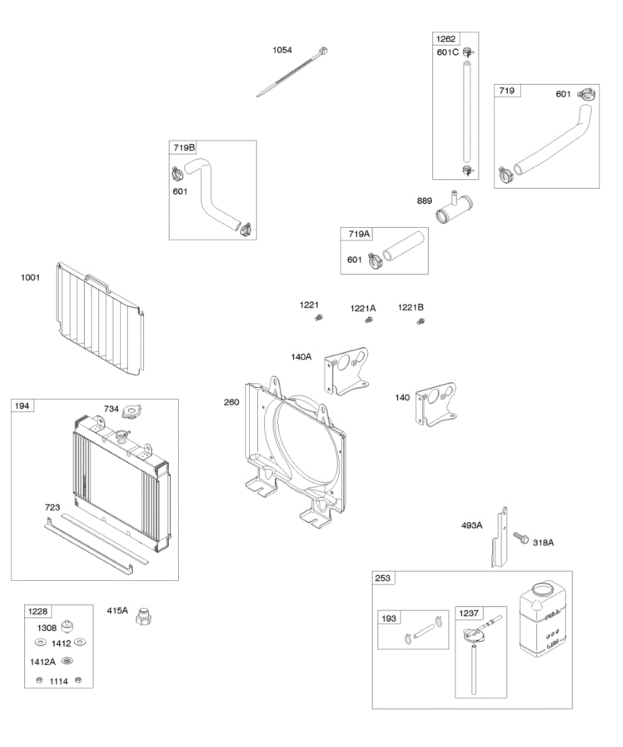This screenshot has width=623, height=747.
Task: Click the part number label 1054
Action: click(282, 50)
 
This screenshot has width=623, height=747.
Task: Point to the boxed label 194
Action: click(22, 406)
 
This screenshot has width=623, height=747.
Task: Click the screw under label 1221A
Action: click(368, 321)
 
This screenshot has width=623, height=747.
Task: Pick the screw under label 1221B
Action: click(420, 322)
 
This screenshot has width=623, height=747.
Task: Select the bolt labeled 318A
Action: click(520, 537)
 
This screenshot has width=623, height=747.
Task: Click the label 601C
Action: click(447, 52)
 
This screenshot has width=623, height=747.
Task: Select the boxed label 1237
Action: click(469, 613)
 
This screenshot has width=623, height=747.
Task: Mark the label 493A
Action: click(472, 525)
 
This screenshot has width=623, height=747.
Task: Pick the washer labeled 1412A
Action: click(67, 661)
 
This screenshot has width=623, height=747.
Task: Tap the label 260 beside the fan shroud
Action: click(232, 402)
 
